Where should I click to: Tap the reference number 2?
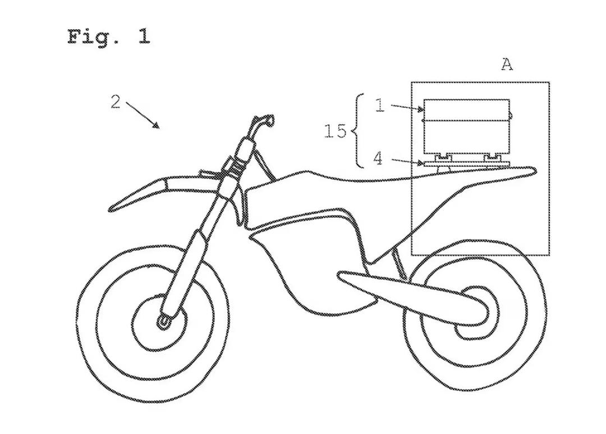point(116,102)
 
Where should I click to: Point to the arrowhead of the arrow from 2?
point(156,125)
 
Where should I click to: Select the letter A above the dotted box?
point(507,64)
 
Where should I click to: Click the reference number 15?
point(334,131)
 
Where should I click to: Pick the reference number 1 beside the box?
point(380,105)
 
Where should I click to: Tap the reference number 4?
point(378,158)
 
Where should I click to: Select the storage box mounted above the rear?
point(466,126)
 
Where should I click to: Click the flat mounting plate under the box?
point(466,163)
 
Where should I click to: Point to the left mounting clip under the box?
point(444,157)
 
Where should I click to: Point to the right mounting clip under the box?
point(492,157)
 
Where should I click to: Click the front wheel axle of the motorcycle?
point(163,321)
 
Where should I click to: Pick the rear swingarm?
point(410,294)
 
